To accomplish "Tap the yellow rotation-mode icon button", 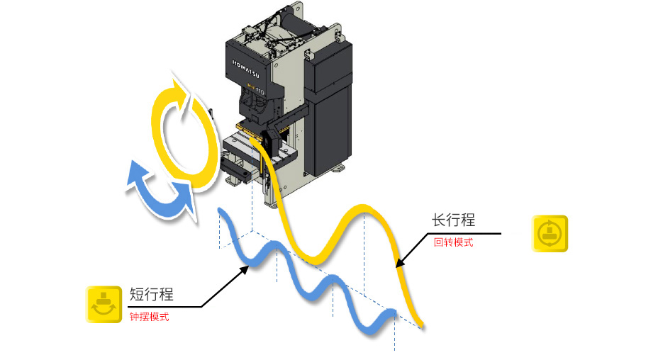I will click(550, 233).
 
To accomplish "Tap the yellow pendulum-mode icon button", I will click(104, 305).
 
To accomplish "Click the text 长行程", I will click(453, 220).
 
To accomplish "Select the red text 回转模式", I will click(453, 242).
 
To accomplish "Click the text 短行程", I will click(152, 295).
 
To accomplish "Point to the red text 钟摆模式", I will click(149, 317).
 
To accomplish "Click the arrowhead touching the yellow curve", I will click(400, 264).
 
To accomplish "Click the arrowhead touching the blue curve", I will click(247, 268).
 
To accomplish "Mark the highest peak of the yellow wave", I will click(363, 208).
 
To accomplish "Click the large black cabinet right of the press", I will click(332, 106).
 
